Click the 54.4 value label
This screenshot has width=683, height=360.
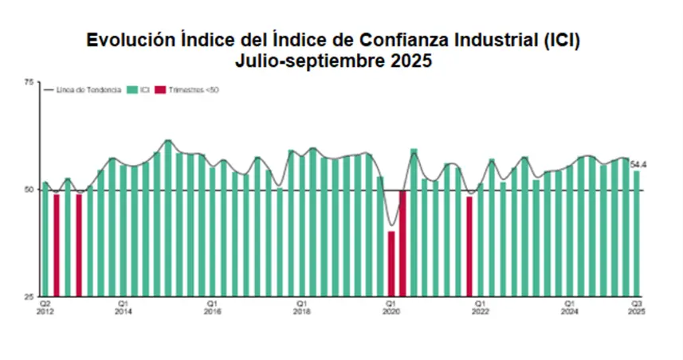click(x=638, y=165)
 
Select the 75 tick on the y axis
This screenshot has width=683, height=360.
click(x=29, y=82)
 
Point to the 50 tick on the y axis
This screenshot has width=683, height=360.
click(x=29, y=190)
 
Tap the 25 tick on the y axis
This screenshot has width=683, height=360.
click(x=29, y=297)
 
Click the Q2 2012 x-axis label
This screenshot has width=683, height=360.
click(x=45, y=307)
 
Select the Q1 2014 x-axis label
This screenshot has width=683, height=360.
click(x=123, y=307)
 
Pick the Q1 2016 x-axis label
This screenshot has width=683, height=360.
click(x=212, y=307)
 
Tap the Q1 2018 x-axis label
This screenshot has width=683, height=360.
click(x=301, y=307)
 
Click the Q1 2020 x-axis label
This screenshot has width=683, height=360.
click(x=391, y=307)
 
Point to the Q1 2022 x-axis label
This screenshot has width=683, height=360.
click(x=480, y=307)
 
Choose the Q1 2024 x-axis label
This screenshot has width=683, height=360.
click(x=569, y=307)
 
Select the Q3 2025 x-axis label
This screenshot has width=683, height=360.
click(x=638, y=307)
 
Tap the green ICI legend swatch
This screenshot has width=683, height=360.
click(x=131, y=90)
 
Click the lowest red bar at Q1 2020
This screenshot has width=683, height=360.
click(x=391, y=264)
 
